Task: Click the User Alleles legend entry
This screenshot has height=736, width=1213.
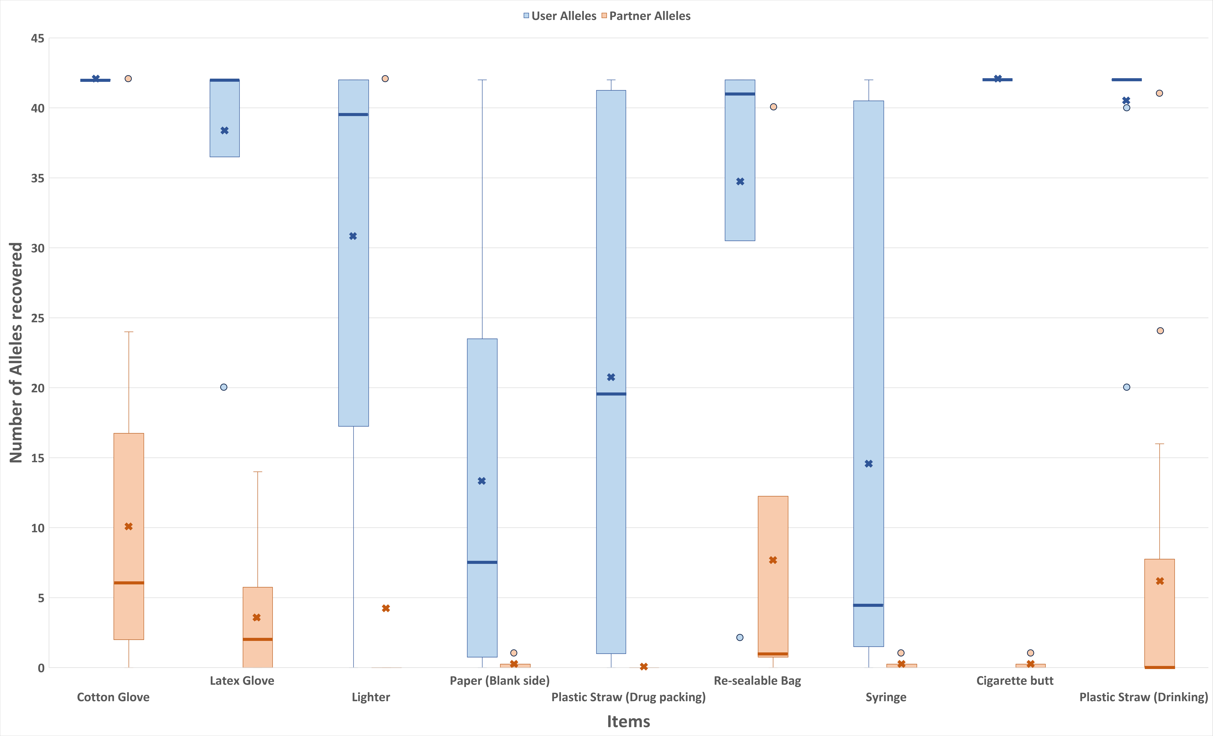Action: coord(560,16)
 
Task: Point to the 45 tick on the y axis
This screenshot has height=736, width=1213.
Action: coord(37,38)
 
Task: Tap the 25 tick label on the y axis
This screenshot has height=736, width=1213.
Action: coord(37,318)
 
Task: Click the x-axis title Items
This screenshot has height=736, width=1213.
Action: coord(628,721)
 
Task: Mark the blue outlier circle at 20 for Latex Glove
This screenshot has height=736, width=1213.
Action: coord(224,387)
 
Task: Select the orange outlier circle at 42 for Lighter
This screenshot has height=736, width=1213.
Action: coord(385,79)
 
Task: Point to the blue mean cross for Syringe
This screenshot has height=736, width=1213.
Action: coord(868,464)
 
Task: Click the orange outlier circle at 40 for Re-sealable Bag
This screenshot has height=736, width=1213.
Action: coord(773,107)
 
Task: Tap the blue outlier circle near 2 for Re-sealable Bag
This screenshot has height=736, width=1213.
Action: coord(739,638)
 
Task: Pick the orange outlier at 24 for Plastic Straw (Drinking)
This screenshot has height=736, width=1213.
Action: coord(1160,331)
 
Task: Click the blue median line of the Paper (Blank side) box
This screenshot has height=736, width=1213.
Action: coord(482,562)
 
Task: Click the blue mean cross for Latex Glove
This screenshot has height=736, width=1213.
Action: coord(224,130)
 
